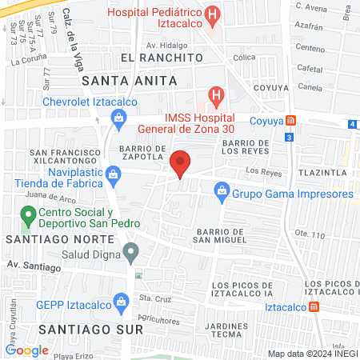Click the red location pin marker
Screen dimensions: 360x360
(x=182, y=162)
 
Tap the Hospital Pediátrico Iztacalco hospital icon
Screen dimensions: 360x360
(x=212, y=14)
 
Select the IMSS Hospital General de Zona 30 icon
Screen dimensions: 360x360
(x=215, y=96)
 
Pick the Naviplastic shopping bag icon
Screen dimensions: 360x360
(x=115, y=173)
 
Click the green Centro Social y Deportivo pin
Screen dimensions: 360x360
(x=27, y=214)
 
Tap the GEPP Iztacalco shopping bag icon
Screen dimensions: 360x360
(x=122, y=302)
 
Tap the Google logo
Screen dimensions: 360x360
(x=27, y=350)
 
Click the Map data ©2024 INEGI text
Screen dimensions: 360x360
(x=311, y=354)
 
